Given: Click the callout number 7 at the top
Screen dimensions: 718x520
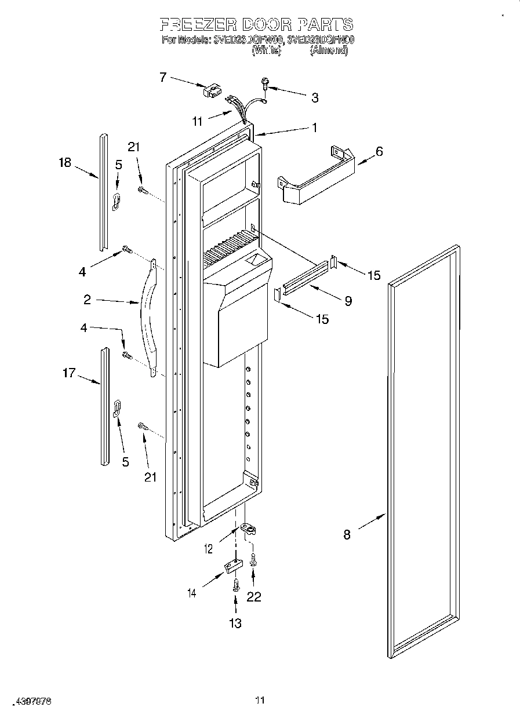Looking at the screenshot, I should (x=163, y=76).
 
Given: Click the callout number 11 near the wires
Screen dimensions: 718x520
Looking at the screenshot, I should (x=198, y=121).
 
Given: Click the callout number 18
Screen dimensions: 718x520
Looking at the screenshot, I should (x=64, y=163).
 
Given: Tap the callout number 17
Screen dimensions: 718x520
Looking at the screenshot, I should (x=69, y=373).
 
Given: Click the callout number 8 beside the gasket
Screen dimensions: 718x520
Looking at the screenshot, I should (x=347, y=534).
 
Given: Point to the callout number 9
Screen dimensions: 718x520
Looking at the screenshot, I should (x=348, y=301).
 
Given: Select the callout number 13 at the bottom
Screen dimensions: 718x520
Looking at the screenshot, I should (x=235, y=624).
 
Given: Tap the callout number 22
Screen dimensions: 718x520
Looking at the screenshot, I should (x=254, y=597).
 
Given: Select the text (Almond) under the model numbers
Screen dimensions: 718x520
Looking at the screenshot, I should (x=329, y=51).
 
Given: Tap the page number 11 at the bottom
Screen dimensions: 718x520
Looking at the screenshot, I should (x=260, y=701).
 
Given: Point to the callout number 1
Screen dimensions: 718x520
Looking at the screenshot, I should (x=315, y=128).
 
